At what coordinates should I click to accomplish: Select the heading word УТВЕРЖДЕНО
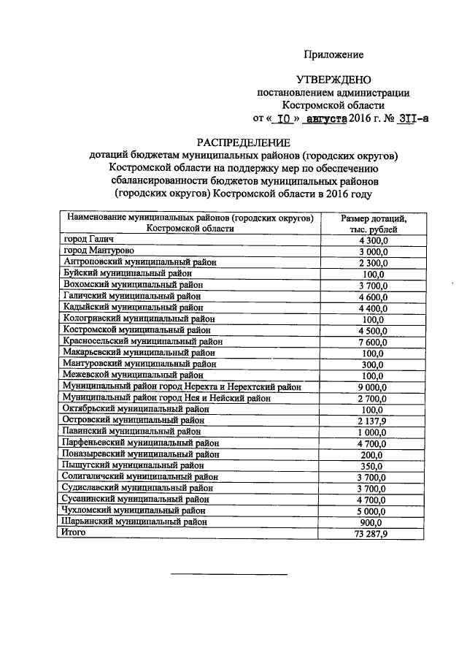tap(333, 80)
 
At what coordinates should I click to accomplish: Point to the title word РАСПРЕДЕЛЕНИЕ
tap(243, 142)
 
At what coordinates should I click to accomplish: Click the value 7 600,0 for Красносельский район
tap(373, 340)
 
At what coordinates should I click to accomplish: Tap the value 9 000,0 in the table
tap(373, 387)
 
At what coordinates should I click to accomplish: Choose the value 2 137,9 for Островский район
tap(373, 421)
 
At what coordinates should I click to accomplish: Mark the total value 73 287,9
tap(373, 534)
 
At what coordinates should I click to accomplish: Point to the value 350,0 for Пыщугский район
tap(373, 466)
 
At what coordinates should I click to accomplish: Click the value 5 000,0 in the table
tap(373, 511)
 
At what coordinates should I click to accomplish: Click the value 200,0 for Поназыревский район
tap(373, 454)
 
